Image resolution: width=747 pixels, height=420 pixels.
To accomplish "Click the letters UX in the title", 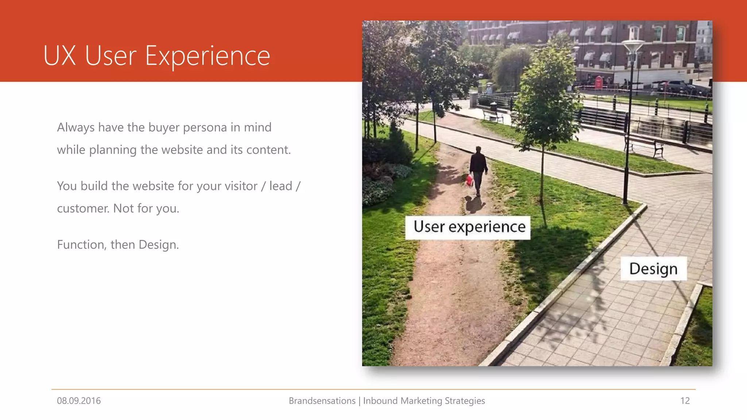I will pyautogui.click(x=59, y=56).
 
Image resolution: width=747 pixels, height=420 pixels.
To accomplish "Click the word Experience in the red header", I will pyautogui.click(x=208, y=57).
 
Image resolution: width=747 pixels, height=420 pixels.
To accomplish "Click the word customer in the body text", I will pyautogui.click(x=83, y=209).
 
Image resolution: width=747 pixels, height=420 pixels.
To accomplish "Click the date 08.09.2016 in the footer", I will pyautogui.click(x=79, y=401).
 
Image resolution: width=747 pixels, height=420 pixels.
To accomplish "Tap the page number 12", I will pyautogui.click(x=685, y=401).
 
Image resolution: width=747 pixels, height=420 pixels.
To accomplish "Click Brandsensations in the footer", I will pyautogui.click(x=322, y=401).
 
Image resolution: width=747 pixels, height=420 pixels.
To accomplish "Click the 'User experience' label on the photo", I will pyautogui.click(x=469, y=227).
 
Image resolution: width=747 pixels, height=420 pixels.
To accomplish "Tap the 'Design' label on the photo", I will pyautogui.click(x=653, y=269).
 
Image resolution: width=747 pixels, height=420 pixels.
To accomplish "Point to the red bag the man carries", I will pyautogui.click(x=470, y=180).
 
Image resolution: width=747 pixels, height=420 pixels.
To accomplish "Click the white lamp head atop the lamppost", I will pyautogui.click(x=633, y=46).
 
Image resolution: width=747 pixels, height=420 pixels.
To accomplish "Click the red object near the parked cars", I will pyautogui.click(x=599, y=82).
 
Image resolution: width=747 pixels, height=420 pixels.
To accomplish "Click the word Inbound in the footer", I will pyautogui.click(x=380, y=401).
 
